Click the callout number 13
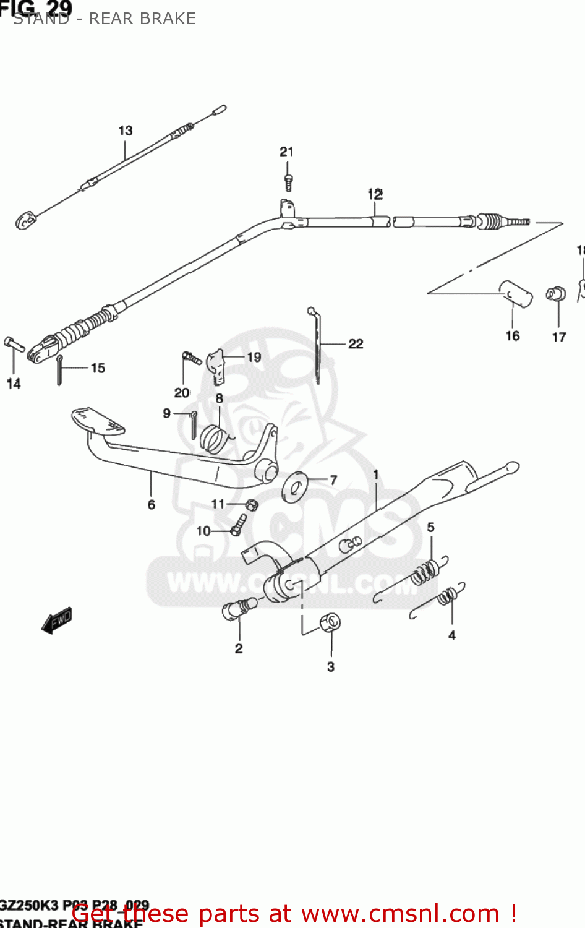coord(126,131)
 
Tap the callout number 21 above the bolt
coord(286,152)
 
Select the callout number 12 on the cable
coord(375,194)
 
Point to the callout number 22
coord(356,343)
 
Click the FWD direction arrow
coord(57,619)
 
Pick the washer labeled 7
coord(295,486)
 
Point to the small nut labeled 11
coord(251,505)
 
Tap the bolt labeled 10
coord(238,525)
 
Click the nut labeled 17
coord(555,293)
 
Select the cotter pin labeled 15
coord(59,370)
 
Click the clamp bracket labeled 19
coord(216,365)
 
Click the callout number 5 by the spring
coord(431,527)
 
